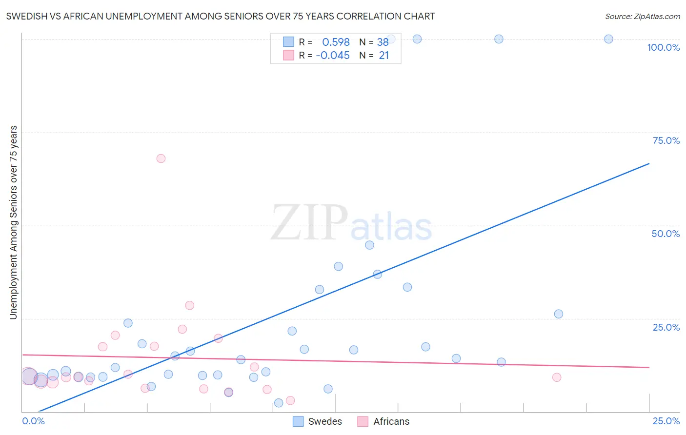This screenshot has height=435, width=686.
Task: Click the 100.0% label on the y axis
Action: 663,47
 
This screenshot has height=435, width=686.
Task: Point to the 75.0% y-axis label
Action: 666,140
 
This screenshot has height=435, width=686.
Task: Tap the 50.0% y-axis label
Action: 666,234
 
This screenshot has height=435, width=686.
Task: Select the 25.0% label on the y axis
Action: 666,327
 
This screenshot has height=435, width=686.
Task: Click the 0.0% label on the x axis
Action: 33,421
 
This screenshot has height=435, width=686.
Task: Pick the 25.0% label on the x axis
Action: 666,421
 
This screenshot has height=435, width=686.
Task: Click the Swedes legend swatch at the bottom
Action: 298,421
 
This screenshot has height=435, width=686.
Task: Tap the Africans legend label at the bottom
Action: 391,421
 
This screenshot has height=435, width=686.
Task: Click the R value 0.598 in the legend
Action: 336,42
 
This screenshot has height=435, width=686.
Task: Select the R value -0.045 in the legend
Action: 333,56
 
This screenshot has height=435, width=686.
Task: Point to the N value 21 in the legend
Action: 384,56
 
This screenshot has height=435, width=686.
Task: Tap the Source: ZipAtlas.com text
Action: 642,16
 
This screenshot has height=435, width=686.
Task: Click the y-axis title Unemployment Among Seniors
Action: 13,222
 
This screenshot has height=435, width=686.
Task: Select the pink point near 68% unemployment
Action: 161,158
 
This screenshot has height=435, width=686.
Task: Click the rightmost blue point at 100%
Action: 608,39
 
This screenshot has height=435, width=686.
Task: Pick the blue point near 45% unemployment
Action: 369,245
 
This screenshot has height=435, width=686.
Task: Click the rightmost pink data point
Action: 557,377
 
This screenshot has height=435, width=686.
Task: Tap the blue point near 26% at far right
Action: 559,314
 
